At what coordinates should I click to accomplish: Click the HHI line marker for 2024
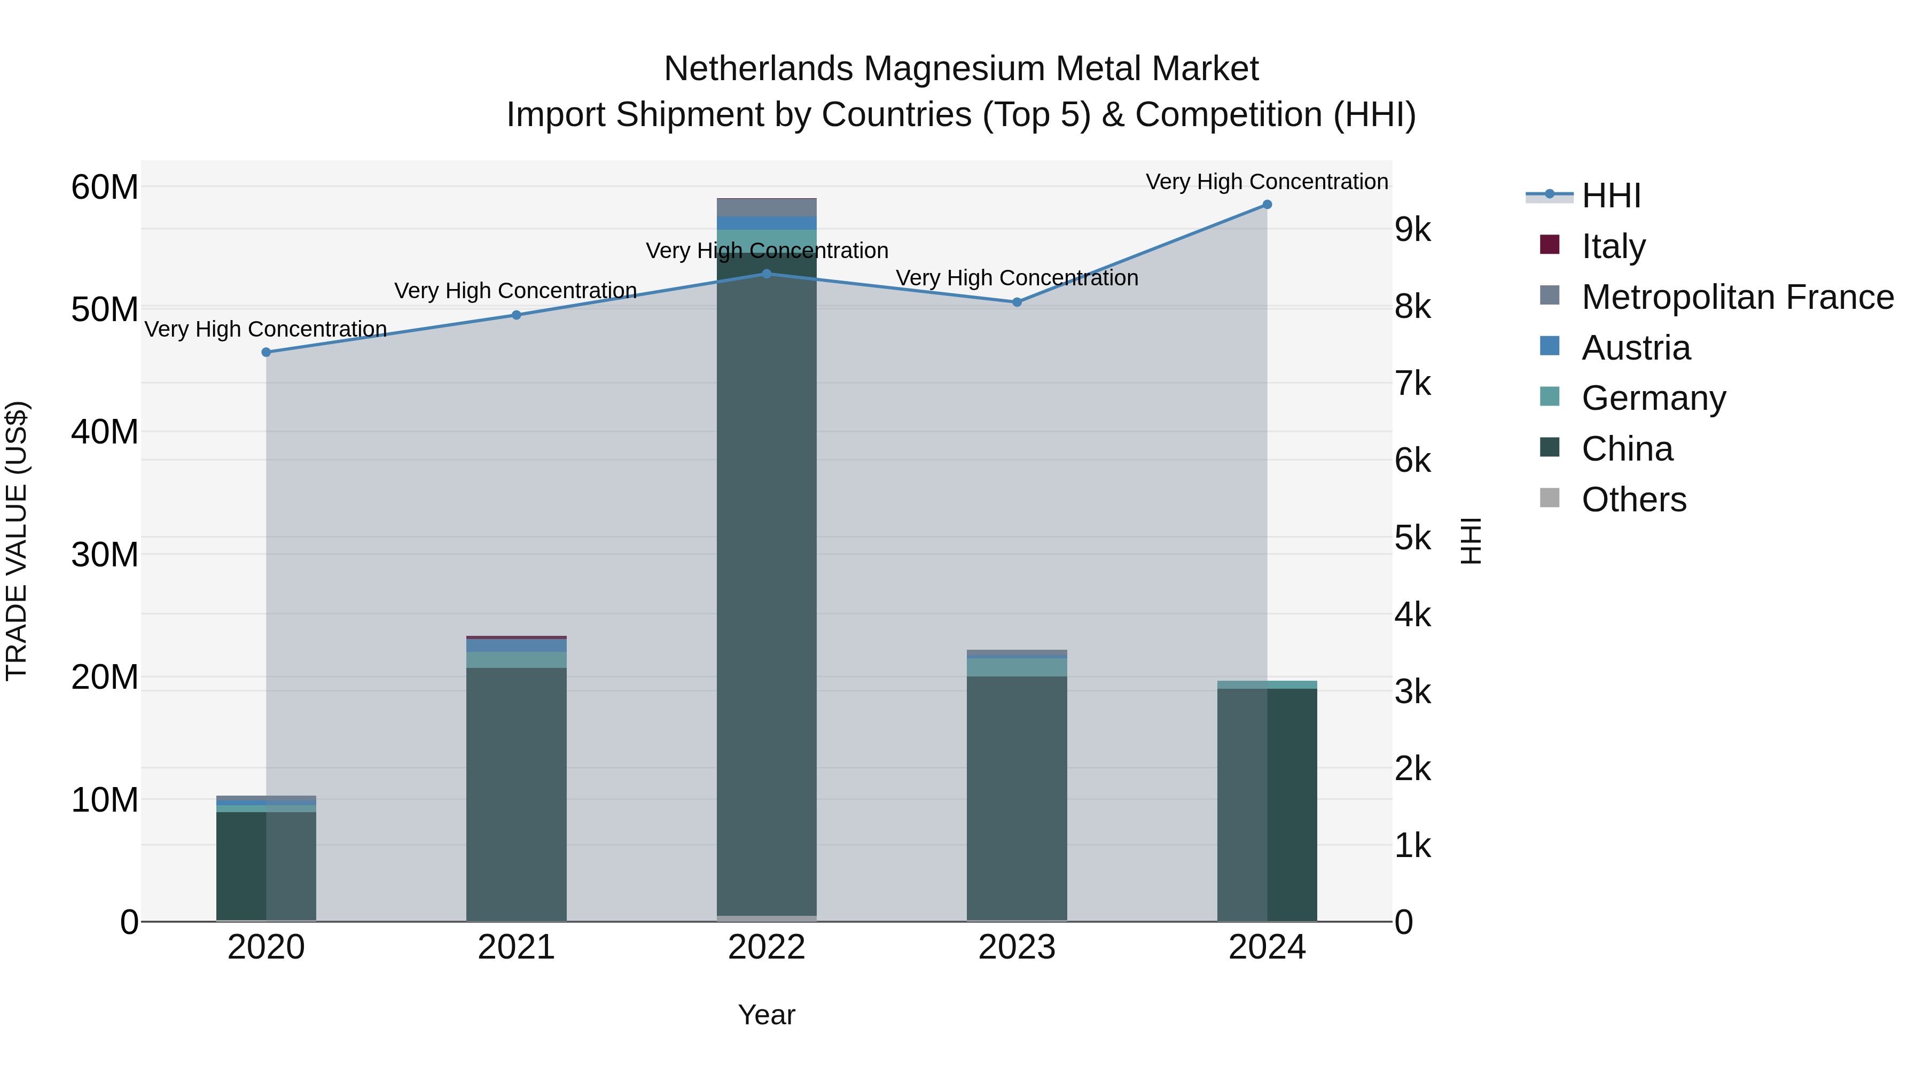tap(1267, 205)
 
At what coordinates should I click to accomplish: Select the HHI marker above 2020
tap(267, 352)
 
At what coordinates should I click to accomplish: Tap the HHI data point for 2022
tap(767, 274)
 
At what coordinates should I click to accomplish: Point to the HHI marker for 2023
tap(1017, 302)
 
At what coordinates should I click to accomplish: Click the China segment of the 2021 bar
tap(516, 791)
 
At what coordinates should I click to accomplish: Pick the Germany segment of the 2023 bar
tap(1017, 667)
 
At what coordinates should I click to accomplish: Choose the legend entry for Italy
tap(1613, 246)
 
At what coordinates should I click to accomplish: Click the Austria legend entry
tap(1635, 347)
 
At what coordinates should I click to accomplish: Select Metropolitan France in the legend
tap(1737, 297)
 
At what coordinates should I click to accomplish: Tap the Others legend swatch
tap(1550, 498)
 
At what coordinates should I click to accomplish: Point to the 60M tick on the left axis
tap(105, 186)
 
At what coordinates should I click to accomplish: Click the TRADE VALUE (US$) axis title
tap(17, 541)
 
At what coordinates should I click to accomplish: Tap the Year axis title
tap(767, 1015)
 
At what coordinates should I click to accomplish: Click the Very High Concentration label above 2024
tap(1267, 182)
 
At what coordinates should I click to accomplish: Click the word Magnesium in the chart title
tap(961, 69)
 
